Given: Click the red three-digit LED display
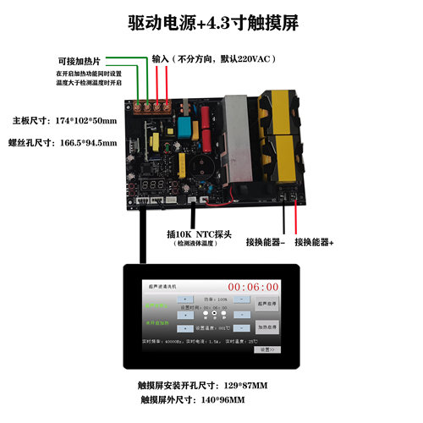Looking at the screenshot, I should [x=160, y=184].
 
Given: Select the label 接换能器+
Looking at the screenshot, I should [x=314, y=242].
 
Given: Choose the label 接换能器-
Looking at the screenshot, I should [x=266, y=242].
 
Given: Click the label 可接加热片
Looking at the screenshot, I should [x=80, y=61].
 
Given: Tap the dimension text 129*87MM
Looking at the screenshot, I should [x=238, y=386].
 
